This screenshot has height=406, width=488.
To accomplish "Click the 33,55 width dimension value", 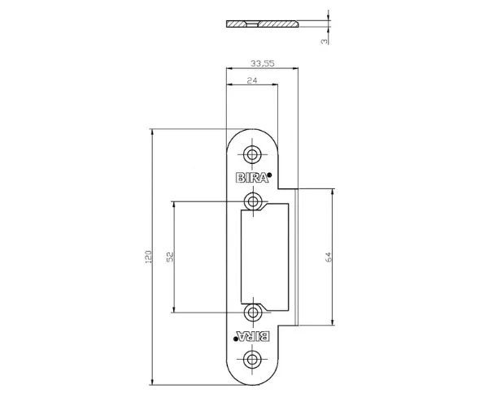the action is [263, 63].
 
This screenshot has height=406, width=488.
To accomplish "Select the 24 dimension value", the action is [252, 80].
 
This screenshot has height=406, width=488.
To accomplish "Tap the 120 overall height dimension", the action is [149, 257].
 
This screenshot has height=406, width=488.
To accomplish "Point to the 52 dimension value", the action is [170, 257].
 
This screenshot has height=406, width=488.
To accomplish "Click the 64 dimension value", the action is [329, 257].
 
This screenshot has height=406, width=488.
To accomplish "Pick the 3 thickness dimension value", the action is [325, 41].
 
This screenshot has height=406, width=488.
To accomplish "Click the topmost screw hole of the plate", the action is [252, 154].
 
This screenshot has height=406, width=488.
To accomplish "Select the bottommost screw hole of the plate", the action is [252, 360].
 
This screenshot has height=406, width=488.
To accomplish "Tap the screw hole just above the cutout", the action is [253, 201].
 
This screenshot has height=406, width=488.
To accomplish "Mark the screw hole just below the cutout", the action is [253, 313].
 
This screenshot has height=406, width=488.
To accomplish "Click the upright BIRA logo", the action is [252, 178].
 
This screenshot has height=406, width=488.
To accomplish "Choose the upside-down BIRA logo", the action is [253, 336].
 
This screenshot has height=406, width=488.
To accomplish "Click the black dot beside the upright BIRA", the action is [269, 175].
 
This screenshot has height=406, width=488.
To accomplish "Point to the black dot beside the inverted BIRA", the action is [236, 339].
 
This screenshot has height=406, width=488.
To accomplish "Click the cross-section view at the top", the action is [262, 24].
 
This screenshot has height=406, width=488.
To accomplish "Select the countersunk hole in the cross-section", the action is [252, 24].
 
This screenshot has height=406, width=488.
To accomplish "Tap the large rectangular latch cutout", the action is [265, 257].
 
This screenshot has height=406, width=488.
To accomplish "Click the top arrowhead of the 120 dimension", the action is [152, 132].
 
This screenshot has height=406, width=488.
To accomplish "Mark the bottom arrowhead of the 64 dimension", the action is [333, 322].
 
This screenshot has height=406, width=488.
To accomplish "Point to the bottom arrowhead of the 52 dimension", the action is [174, 309].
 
